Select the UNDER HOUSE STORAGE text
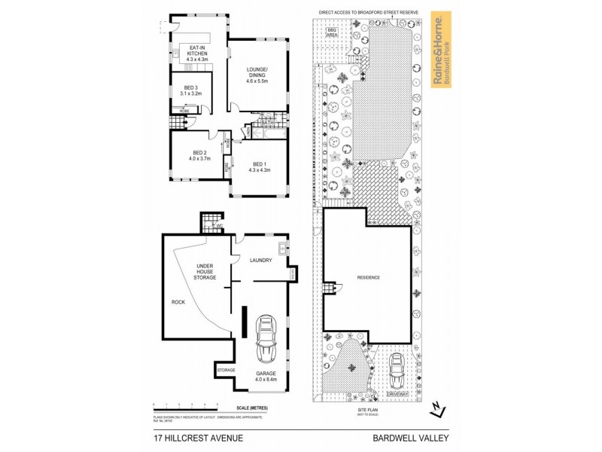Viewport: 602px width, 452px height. point(206,272)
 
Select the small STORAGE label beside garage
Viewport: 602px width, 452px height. point(226,371)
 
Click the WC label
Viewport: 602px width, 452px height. point(220,225)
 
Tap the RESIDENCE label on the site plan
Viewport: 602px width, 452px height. point(368,278)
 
